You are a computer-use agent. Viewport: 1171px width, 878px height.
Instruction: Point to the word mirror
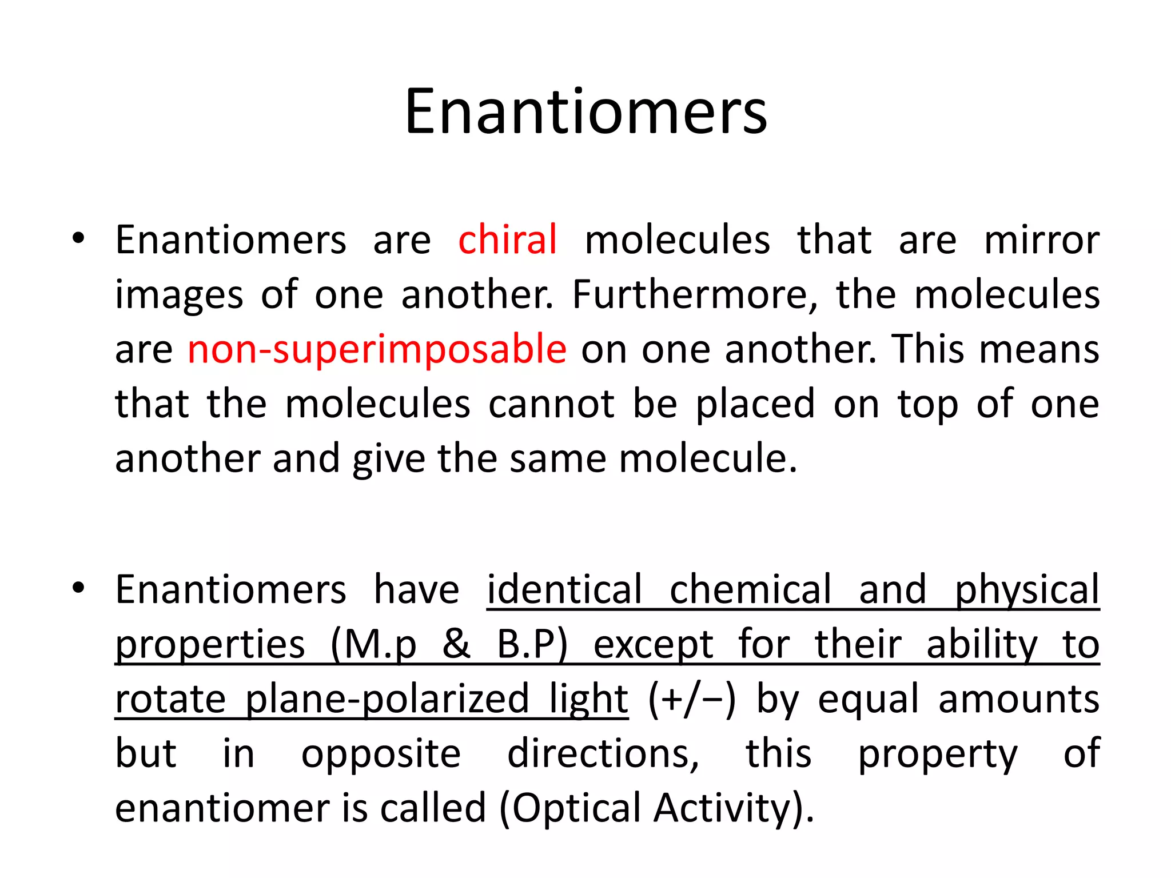click(x=1041, y=240)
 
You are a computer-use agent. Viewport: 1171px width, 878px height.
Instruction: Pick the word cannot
click(x=551, y=404)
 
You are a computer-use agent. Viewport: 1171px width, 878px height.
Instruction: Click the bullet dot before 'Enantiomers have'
click(x=79, y=588)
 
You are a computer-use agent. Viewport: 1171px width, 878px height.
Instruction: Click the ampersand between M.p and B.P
click(x=456, y=644)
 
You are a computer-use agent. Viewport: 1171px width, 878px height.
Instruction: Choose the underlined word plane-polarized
click(x=387, y=699)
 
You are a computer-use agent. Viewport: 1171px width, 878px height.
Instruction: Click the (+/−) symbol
click(x=692, y=699)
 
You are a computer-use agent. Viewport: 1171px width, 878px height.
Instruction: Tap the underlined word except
click(x=653, y=645)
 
